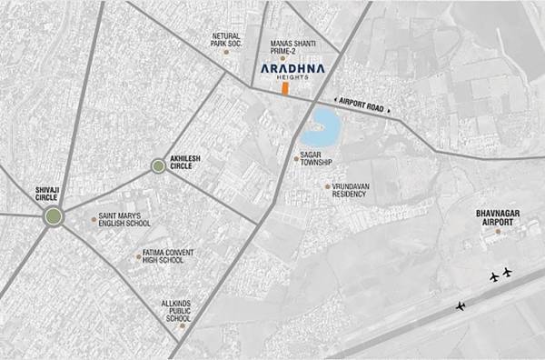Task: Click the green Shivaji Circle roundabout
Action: coord(54,215)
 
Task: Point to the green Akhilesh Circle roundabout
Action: coord(158,165)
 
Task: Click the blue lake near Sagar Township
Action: coord(323,126)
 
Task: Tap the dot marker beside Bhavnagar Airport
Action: coord(497,231)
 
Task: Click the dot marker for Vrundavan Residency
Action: coord(327,186)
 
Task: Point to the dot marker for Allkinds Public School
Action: coord(181,326)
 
